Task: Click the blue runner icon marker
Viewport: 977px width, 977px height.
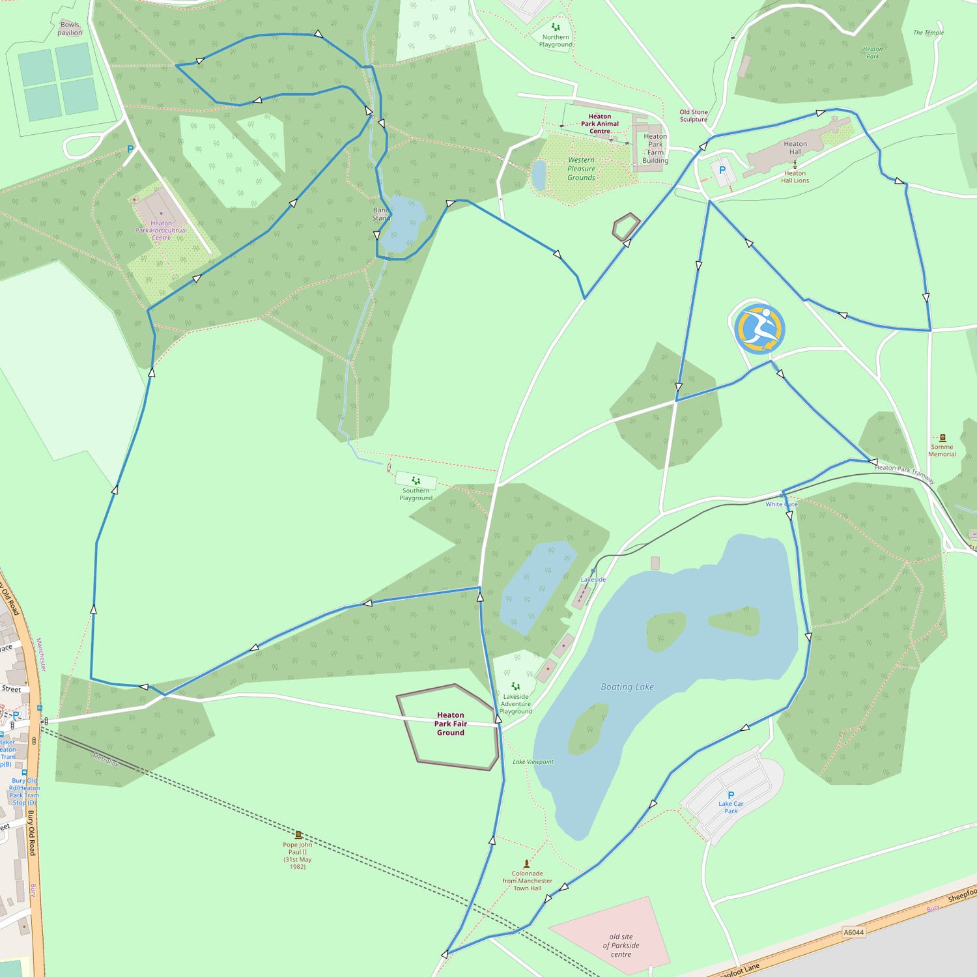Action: pos(759,329)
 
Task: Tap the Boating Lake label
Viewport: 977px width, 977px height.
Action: pos(627,687)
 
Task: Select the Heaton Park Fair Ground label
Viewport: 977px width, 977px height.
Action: pos(451,724)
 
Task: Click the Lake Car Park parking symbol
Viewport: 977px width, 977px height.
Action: pos(731,795)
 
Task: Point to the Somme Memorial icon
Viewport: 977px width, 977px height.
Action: pos(942,438)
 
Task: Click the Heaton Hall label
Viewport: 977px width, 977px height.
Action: pos(795,148)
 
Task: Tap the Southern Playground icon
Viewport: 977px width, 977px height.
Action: pos(416,481)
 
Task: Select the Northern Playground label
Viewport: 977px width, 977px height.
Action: pos(556,41)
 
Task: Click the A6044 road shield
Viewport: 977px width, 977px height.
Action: pos(853,932)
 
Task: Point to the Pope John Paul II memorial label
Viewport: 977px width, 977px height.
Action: pos(298,855)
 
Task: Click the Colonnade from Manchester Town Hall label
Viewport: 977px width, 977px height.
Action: pos(527,881)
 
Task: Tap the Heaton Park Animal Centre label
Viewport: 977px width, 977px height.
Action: pos(600,124)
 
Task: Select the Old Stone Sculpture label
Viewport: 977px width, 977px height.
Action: pos(694,115)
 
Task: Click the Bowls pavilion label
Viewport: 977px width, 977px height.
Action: pos(70,29)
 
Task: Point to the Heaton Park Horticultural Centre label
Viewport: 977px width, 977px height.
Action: pos(161,230)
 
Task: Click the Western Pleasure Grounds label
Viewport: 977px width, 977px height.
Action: pos(581,169)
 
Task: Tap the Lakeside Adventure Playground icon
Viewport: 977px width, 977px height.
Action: pos(516,686)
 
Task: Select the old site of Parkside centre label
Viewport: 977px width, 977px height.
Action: pos(621,946)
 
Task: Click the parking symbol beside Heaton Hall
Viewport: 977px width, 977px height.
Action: pos(722,170)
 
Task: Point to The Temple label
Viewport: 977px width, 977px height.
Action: pos(928,33)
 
